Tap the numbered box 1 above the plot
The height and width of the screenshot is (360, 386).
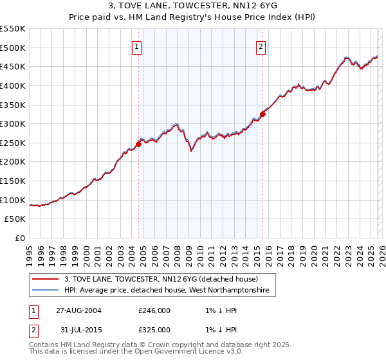[138, 46]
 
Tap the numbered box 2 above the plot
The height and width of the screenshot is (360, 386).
[261, 46]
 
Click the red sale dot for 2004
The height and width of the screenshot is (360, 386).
[139, 145]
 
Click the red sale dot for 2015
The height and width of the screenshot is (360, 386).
[262, 114]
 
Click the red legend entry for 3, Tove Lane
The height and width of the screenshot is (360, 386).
[161, 279]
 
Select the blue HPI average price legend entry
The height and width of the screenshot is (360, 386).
[170, 291]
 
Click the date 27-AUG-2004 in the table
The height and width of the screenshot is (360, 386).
[79, 310]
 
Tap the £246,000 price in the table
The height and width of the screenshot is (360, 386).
[154, 310]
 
